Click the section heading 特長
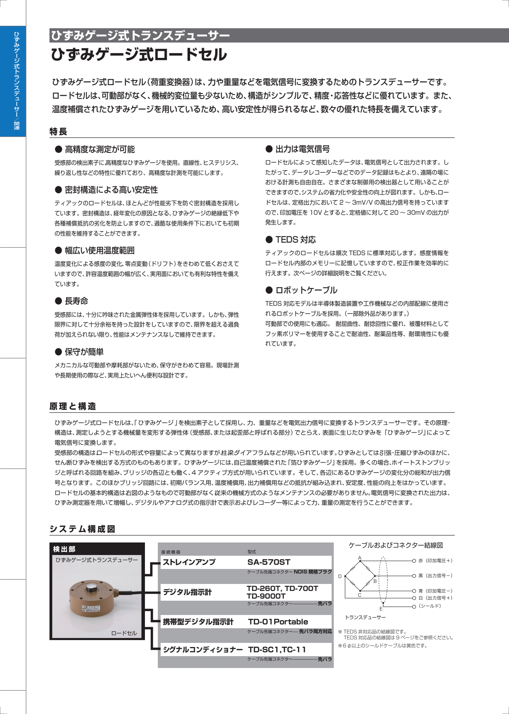[58, 132]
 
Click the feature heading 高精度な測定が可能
[100, 150]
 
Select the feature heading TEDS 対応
[295, 240]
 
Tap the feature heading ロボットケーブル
[306, 290]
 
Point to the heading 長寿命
[76, 301]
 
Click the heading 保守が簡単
[84, 352]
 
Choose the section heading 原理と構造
[72, 407]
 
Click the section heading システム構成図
[82, 529]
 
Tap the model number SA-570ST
[269, 562]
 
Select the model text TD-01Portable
[278, 622]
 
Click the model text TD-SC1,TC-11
[277, 650]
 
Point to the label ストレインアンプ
[189, 562]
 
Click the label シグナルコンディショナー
[203, 650]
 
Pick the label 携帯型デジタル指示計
[198, 622]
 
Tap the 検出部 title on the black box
[64, 549]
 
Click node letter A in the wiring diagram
[360, 558]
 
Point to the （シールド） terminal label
[430, 606]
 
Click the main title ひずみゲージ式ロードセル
[139, 55]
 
